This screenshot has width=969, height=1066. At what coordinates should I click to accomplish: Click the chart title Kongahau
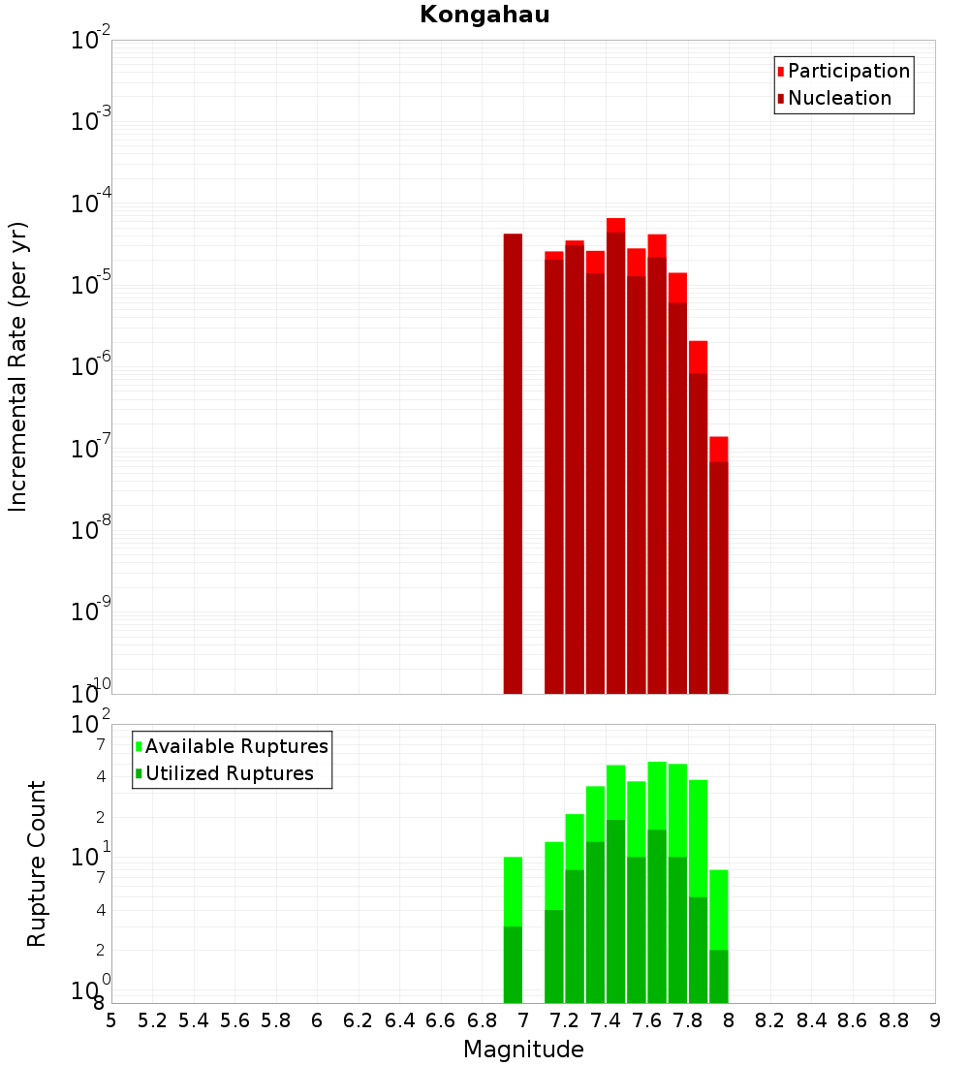[x=484, y=16]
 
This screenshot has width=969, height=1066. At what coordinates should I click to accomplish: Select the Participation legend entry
[x=848, y=71]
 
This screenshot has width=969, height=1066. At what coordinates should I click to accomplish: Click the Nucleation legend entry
[x=838, y=98]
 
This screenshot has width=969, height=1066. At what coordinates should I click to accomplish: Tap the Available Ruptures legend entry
[x=235, y=746]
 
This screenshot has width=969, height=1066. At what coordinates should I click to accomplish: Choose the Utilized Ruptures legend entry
[x=229, y=773]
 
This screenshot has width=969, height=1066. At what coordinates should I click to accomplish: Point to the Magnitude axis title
[x=523, y=1050]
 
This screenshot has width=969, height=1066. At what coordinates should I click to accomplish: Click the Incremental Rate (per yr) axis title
[x=18, y=367]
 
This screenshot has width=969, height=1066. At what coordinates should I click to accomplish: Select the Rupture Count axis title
[x=37, y=863]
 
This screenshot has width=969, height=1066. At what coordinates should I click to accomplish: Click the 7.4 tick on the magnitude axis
[x=606, y=1020]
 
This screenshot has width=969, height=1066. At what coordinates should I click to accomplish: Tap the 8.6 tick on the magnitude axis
[x=853, y=1020]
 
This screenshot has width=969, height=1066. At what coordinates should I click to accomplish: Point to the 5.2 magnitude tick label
[x=153, y=1020]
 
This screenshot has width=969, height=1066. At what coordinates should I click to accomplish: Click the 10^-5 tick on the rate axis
[x=91, y=285]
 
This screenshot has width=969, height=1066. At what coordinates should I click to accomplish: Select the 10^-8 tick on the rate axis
[x=91, y=530]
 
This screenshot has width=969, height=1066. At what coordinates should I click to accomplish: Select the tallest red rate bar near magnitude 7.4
[x=615, y=455]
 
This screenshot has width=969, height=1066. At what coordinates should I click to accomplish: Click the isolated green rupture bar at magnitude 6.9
[x=513, y=930]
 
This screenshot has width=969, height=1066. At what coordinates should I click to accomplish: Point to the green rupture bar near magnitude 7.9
[x=718, y=936]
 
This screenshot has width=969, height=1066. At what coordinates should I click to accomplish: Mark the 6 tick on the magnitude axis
[x=317, y=1020]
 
